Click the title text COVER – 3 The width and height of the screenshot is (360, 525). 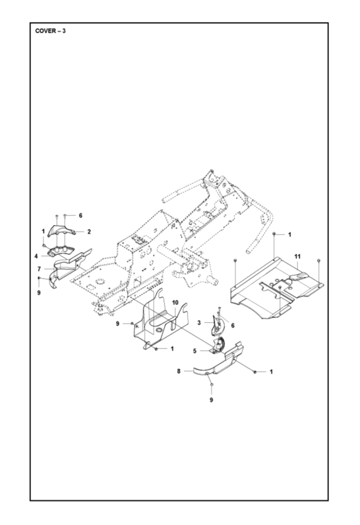[x=51, y=30]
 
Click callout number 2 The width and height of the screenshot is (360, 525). [x=88, y=232]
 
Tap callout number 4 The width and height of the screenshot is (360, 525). [x=35, y=256]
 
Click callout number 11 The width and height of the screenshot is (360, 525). [x=296, y=257]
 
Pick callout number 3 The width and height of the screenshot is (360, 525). [x=199, y=322]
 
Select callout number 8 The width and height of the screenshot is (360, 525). [x=179, y=371]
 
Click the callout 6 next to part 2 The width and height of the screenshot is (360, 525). [x=80, y=215]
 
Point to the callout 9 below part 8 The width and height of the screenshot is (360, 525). [x=211, y=400]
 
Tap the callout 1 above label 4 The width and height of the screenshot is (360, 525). [x=42, y=231]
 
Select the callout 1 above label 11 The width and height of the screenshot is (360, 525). [x=290, y=233]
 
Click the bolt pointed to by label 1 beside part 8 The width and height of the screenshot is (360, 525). [x=255, y=372]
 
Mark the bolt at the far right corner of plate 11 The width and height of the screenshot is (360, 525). [x=319, y=260]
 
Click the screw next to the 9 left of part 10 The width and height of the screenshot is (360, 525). [x=132, y=324]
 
